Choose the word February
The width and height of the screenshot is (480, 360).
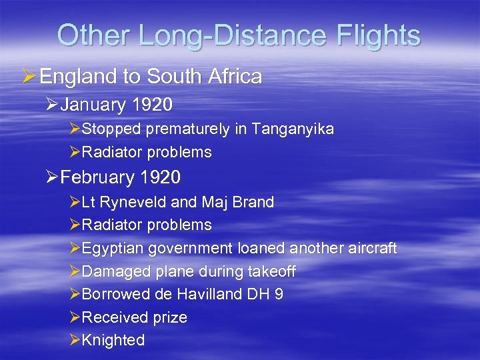[x=95, y=177]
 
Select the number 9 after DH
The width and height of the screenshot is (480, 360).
[x=279, y=294]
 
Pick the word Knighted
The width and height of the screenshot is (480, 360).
[x=113, y=340]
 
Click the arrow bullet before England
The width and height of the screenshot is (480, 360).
[x=29, y=77]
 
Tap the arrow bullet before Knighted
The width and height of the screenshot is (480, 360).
[x=75, y=340]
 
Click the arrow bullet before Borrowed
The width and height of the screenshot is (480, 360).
[x=75, y=294]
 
